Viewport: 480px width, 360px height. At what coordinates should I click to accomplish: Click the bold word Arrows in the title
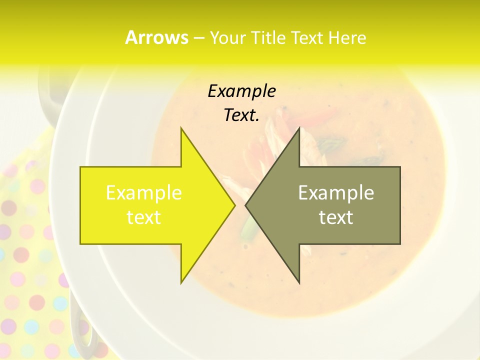[x=156, y=37]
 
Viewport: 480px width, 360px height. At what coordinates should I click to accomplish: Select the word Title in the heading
[x=270, y=38]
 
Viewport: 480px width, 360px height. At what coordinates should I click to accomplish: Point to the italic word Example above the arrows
[x=241, y=91]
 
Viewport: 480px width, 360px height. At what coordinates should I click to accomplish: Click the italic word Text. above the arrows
[x=241, y=115]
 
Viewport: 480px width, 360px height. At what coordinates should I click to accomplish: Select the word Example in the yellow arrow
[x=144, y=193]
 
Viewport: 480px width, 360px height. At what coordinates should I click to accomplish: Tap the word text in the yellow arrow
[x=144, y=217]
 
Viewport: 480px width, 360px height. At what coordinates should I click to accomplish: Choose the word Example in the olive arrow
[x=336, y=193]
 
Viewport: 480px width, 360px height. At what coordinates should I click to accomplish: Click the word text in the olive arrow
[x=336, y=217]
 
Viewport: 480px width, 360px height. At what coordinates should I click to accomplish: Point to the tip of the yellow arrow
[x=235, y=205]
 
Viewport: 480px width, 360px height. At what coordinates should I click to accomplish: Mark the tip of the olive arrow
[x=245, y=205]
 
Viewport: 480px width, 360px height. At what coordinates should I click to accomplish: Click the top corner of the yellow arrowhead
[x=181, y=128]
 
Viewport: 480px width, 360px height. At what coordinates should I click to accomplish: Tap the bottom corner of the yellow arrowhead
[x=181, y=283]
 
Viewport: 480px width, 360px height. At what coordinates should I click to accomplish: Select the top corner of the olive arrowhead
[x=299, y=128]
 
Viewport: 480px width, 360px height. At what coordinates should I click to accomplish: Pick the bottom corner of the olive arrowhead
[x=299, y=283]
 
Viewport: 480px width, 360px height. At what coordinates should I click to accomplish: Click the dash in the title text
[x=198, y=38]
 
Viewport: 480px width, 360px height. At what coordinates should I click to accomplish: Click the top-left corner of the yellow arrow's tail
[x=80, y=167]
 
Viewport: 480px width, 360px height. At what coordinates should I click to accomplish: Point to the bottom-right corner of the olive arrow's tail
[x=400, y=244]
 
